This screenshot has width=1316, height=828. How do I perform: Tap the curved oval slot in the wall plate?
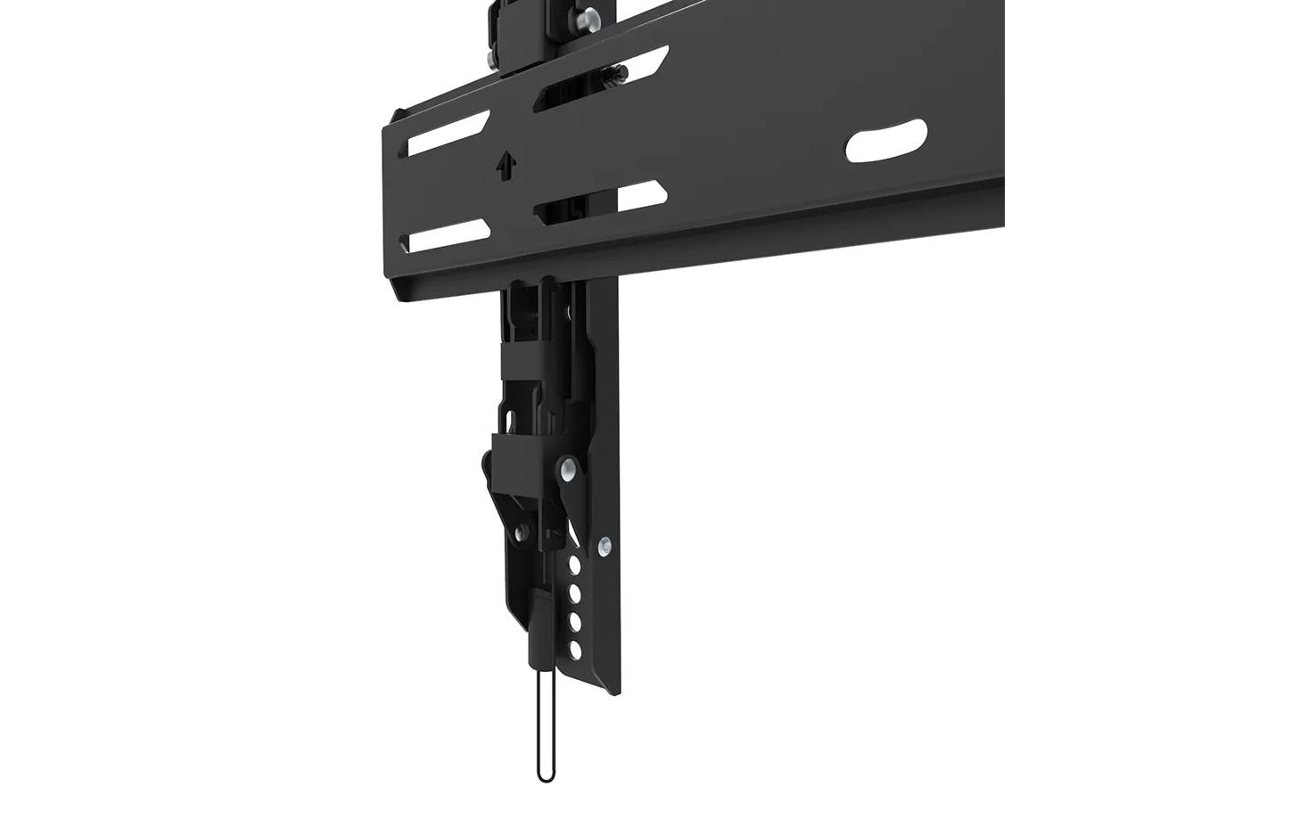(x=885, y=141)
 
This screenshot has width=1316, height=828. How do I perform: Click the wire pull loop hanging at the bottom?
(x=546, y=731)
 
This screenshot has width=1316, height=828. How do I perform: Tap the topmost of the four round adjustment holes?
(x=575, y=565)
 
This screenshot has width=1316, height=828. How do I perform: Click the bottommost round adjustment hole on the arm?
(x=575, y=649)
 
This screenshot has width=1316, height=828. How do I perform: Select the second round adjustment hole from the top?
(x=575, y=593)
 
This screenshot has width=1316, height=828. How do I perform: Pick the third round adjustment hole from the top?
(x=575, y=621)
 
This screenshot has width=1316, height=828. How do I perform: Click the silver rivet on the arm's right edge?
(x=605, y=545)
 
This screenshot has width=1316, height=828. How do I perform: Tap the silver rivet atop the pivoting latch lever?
(x=566, y=468)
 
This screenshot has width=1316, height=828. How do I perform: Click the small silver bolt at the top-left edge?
(x=489, y=59)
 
